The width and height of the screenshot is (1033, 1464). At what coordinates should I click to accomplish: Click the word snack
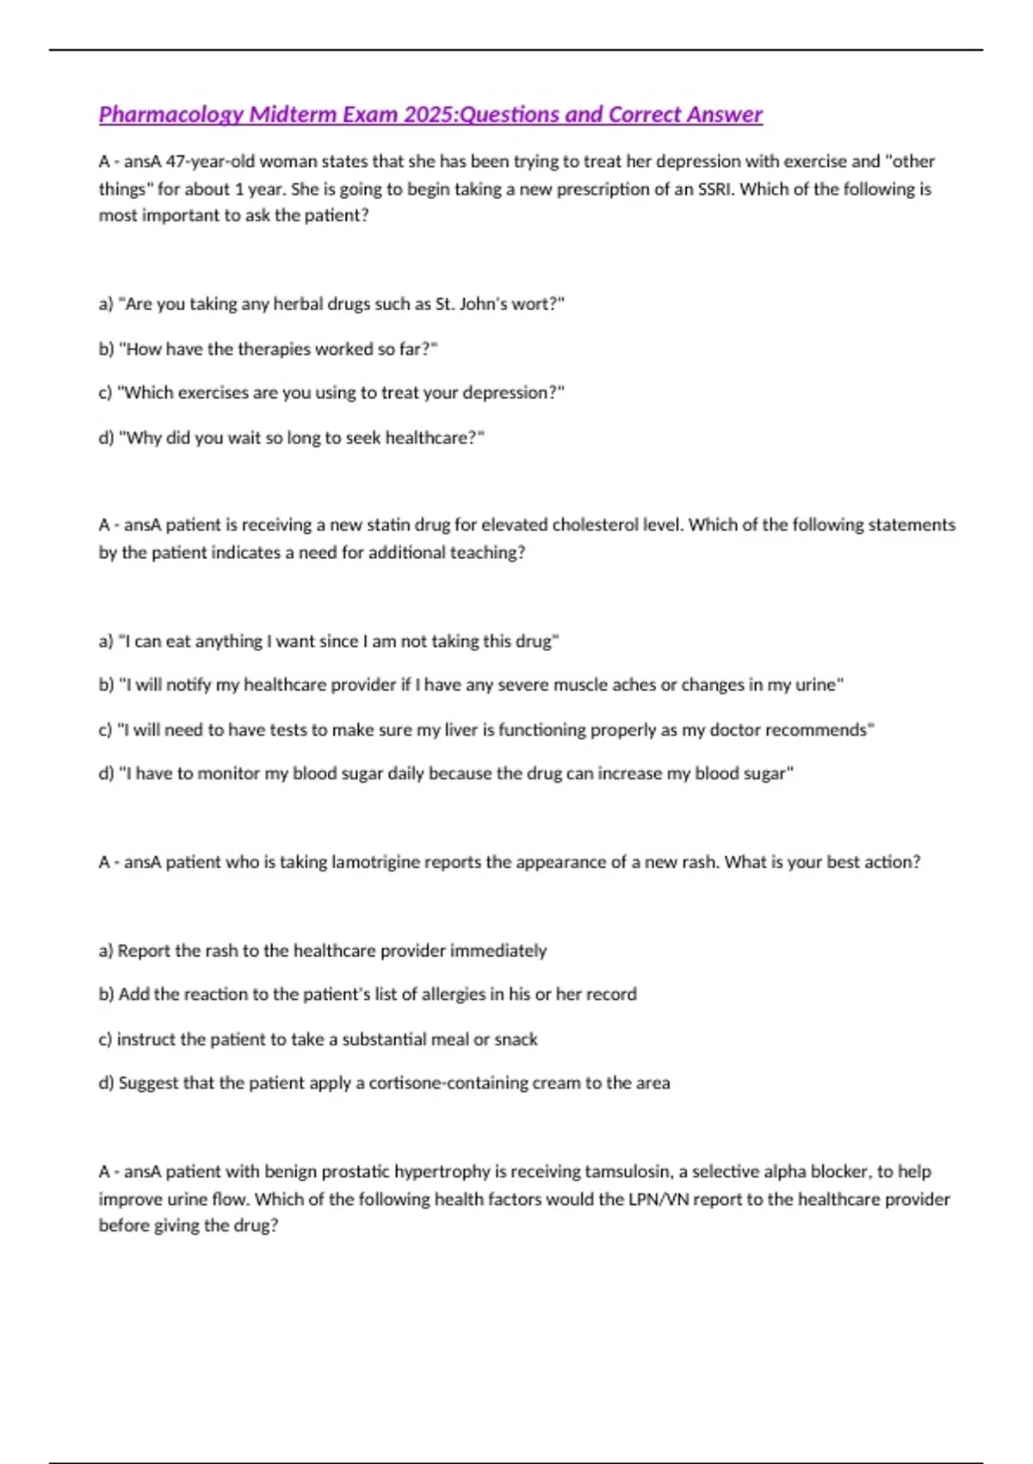516,1039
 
